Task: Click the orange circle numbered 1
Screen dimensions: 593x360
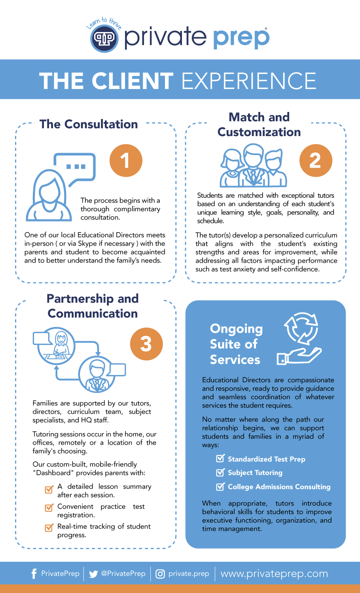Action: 125,160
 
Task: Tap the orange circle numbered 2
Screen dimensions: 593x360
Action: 315,160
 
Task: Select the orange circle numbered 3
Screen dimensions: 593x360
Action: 146,344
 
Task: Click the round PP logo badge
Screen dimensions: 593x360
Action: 104,38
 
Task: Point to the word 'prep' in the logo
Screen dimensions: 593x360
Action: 241,38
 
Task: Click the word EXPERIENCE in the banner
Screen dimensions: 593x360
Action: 249,81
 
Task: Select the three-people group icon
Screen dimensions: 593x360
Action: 253,166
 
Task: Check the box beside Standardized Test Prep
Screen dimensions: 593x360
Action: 220,458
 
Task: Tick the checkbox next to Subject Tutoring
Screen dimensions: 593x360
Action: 220,472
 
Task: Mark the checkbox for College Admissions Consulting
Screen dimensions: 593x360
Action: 220,487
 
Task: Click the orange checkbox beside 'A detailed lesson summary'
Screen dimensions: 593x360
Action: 49,490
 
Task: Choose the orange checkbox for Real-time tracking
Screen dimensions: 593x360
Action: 49,527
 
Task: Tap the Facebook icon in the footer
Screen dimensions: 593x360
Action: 34,574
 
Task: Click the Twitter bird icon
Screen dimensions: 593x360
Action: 93,574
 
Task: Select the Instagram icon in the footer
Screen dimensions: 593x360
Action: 160,574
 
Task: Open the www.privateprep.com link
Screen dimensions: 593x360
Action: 274,574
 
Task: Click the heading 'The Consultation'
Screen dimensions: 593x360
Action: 89,124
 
